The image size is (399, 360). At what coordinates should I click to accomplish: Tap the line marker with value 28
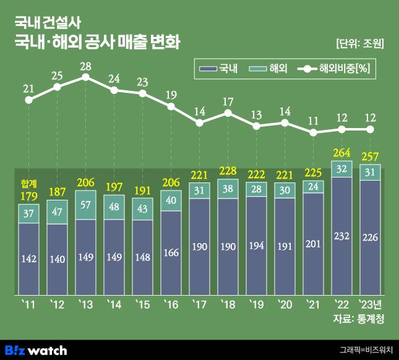(85, 77)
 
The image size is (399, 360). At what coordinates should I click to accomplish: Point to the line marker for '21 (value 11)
(314, 132)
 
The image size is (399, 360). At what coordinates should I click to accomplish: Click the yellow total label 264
(341, 153)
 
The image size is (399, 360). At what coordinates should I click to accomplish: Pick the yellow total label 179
(28, 197)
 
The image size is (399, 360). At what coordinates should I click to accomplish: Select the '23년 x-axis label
(370, 304)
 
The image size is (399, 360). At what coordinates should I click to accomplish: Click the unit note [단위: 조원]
(360, 44)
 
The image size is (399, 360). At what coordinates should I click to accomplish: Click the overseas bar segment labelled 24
(314, 186)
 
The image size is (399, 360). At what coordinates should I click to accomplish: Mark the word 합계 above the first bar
(28, 184)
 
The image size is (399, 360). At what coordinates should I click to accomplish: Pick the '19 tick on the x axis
(256, 304)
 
